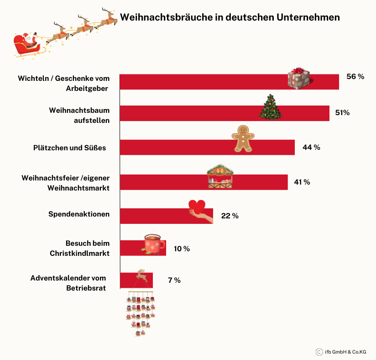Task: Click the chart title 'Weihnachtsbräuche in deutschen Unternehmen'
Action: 230,17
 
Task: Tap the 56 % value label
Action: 355,76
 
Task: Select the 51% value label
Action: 342,113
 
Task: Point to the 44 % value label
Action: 311,147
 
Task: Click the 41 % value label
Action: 302,182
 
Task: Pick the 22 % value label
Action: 230,216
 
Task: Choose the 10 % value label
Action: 182,249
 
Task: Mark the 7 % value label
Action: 174,280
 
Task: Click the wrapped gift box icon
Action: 298,78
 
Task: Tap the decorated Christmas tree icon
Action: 271,107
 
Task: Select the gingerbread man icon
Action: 243,138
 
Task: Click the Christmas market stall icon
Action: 220,176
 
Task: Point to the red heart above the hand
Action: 197,206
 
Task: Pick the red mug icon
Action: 153,244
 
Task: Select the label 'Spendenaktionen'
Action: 79,214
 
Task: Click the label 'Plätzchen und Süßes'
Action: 69,148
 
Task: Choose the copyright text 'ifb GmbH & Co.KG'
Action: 345,352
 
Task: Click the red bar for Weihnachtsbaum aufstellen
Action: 225,113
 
